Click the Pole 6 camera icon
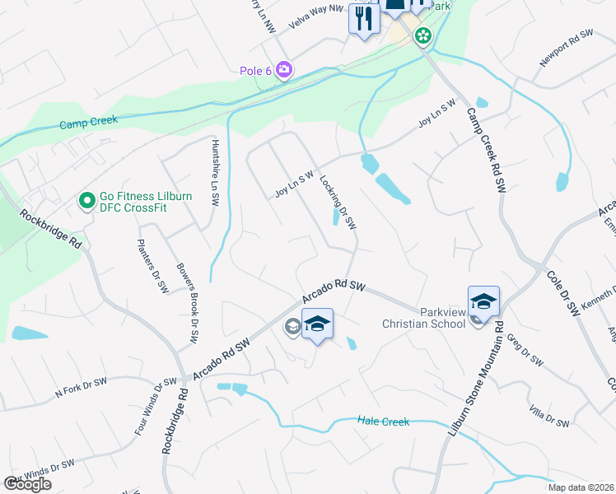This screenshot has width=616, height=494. (284, 70)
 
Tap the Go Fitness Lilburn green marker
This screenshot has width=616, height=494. (86, 200)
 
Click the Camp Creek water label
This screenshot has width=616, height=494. (88, 122)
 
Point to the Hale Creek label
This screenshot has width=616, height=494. (383, 422)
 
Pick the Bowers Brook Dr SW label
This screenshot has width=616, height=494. (188, 293)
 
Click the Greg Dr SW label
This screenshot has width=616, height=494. (525, 350)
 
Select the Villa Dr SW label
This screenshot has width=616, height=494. (549, 417)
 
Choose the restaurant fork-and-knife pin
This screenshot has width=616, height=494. (363, 18)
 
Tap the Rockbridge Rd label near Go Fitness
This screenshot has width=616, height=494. (51, 230)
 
